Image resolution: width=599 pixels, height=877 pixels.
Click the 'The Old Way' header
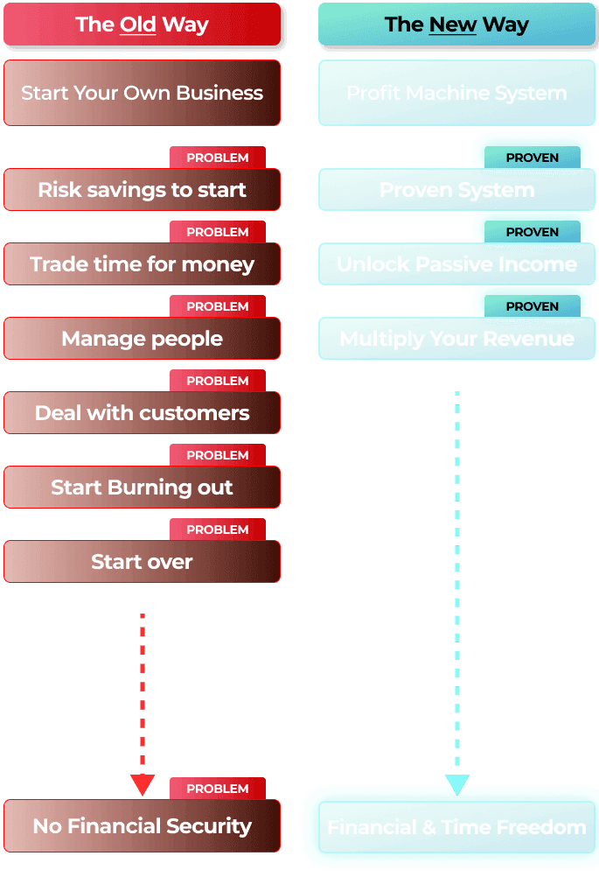[143, 25]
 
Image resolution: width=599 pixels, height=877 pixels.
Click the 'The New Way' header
[456, 25]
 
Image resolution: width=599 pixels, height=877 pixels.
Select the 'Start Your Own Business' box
[142, 93]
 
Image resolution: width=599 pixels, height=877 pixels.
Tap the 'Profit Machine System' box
[456, 93]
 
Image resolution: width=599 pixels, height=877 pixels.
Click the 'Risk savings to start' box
[142, 190]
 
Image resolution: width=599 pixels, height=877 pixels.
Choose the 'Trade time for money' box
[142, 264]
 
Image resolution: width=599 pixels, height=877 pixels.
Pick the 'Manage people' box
[142, 339]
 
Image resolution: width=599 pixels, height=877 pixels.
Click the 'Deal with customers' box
[142, 413]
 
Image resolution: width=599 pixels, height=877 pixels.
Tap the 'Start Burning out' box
[142, 488]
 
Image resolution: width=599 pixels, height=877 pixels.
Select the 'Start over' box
[142, 562]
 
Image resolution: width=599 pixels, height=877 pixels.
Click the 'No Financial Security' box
[142, 826]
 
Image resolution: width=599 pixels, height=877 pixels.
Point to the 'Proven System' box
[456, 190]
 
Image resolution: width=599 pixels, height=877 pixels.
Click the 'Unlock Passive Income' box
[456, 264]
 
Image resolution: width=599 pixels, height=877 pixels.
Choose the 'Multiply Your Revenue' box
[456, 339]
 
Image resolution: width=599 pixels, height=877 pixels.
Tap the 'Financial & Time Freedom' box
[456, 827]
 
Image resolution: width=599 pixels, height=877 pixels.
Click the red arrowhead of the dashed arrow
[142, 784]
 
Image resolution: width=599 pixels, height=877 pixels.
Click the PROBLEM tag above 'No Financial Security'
[218, 789]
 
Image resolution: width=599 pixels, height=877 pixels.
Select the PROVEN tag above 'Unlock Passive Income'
[532, 232]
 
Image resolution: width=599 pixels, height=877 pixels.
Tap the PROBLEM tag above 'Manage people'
[218, 306]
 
